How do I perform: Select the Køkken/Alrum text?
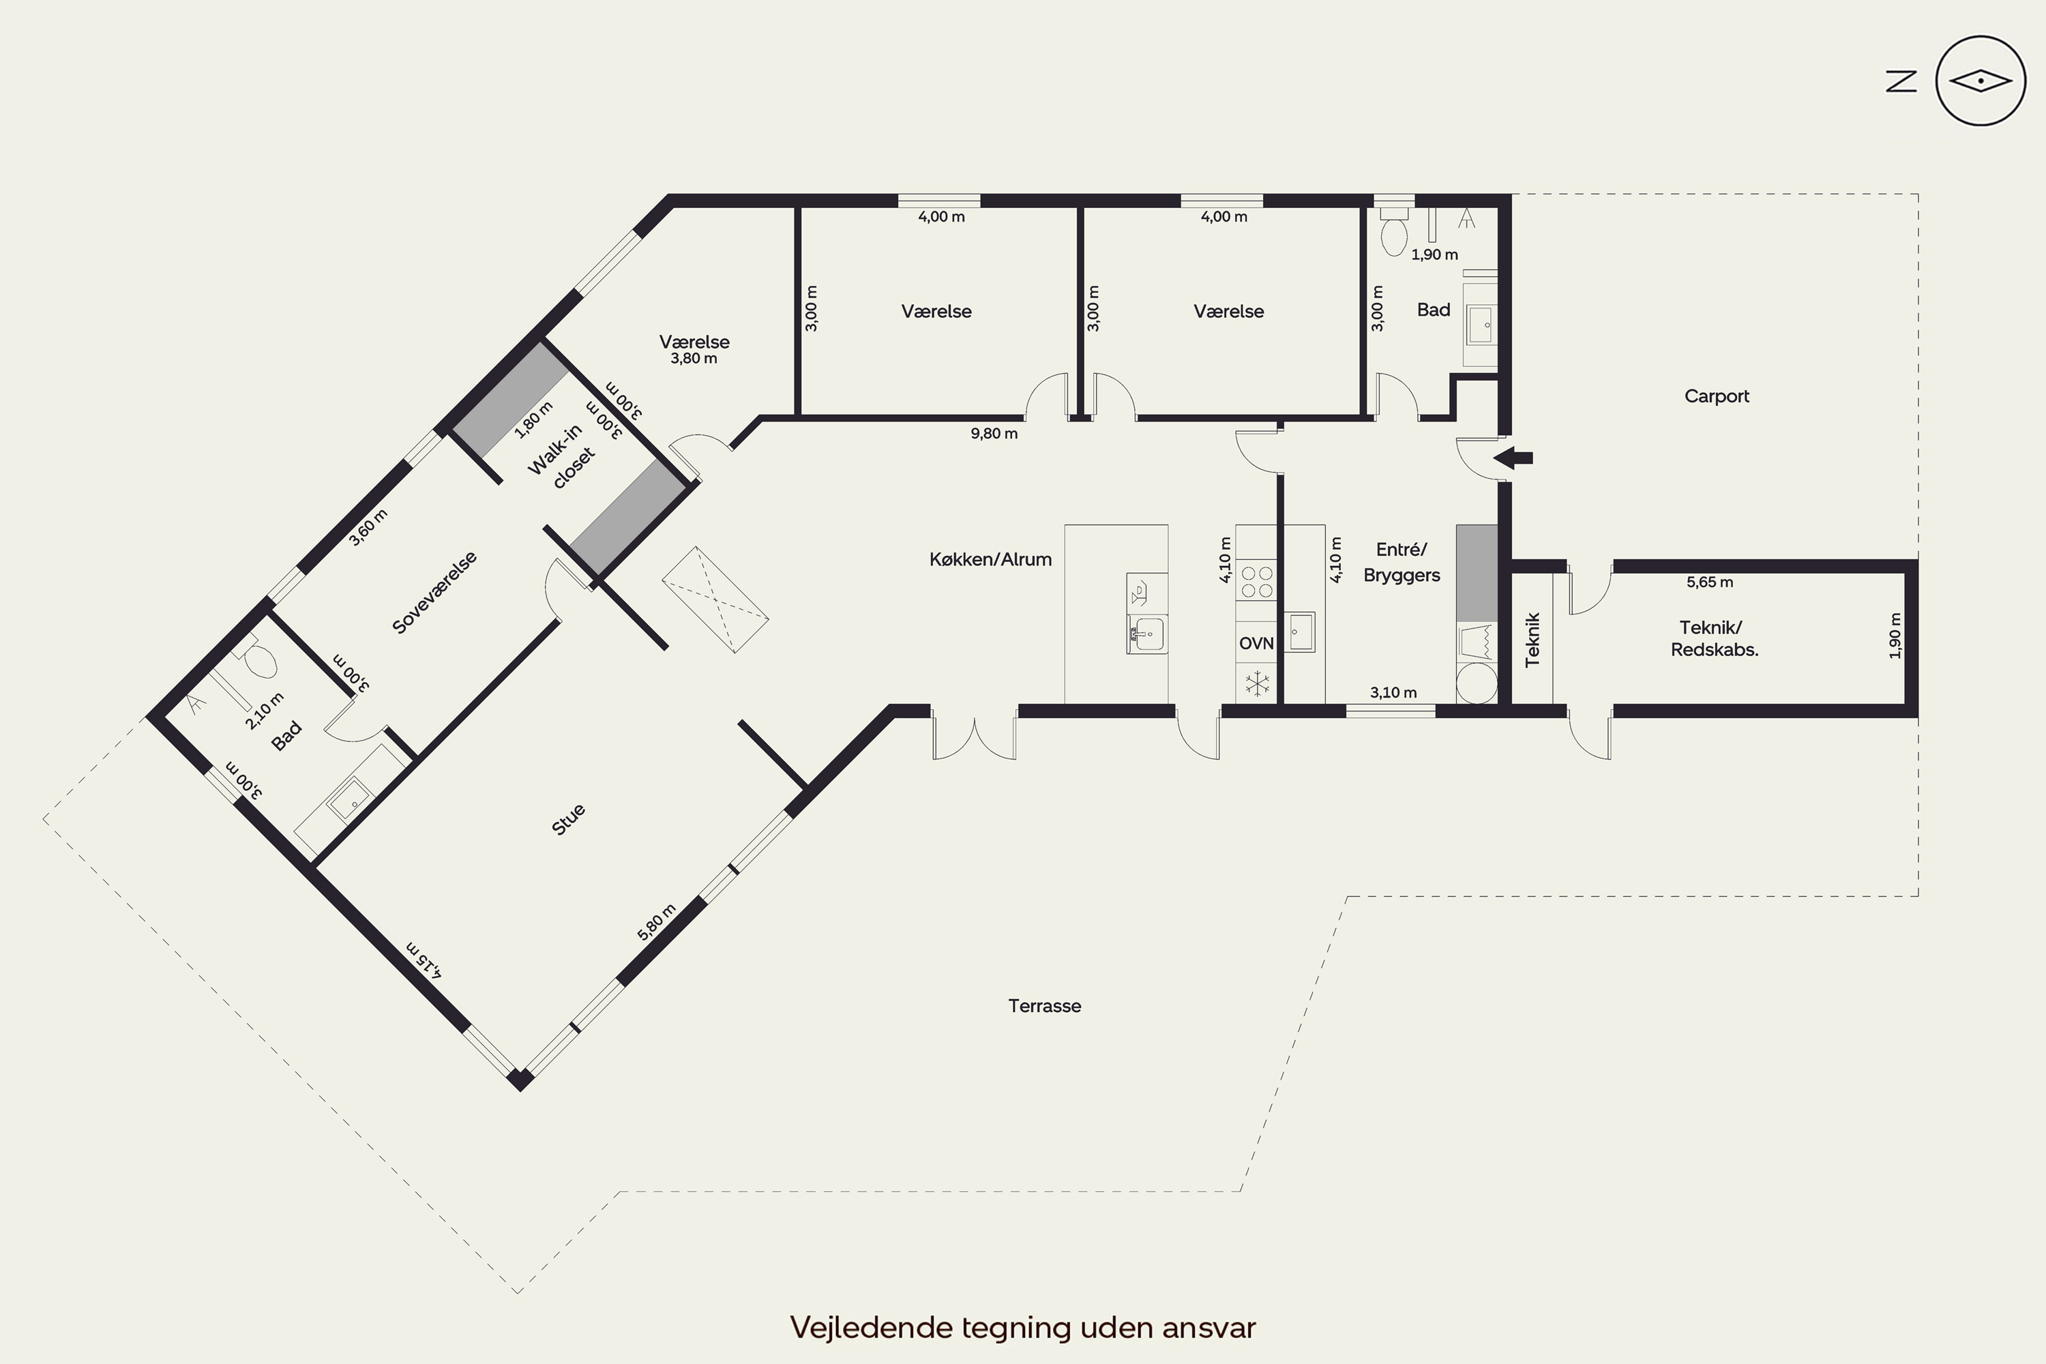(x=991, y=559)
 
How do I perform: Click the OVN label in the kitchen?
(x=1256, y=643)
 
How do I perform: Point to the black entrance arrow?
(x=1513, y=458)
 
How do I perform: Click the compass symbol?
(x=1981, y=82)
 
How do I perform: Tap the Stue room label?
(x=568, y=820)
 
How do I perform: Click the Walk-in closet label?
(x=562, y=458)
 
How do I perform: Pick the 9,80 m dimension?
(x=994, y=433)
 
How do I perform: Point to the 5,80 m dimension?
(x=657, y=922)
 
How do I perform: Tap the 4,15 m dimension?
(x=424, y=960)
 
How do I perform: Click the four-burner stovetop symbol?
(x=1256, y=582)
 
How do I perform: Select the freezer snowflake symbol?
(x=1257, y=683)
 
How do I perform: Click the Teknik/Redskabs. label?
(x=1714, y=638)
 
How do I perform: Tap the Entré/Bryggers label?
(x=1402, y=562)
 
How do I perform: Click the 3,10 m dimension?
(x=1393, y=692)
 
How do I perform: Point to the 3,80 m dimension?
(x=694, y=359)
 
